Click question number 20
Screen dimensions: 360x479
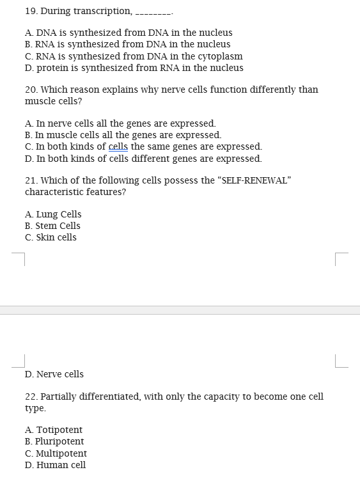[31, 90]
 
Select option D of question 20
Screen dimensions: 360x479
[143, 158]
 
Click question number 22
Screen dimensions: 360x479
[31, 397]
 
